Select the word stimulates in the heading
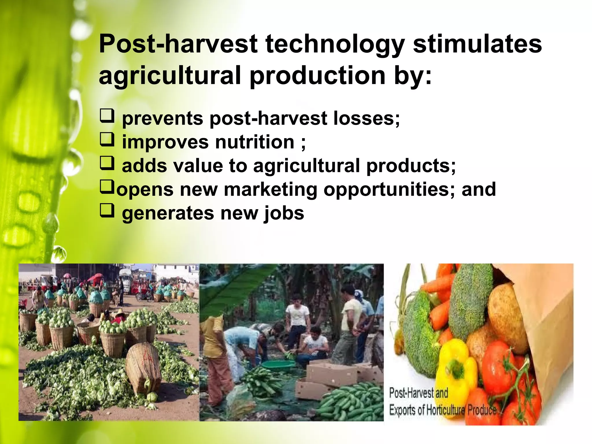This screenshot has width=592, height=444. pyautogui.click(x=477, y=44)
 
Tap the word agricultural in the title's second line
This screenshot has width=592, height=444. pyautogui.click(x=170, y=76)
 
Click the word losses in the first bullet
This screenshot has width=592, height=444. pyautogui.click(x=366, y=119)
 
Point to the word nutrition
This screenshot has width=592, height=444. pyautogui.click(x=255, y=142)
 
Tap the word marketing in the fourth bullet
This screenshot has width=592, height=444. pyautogui.click(x=270, y=190)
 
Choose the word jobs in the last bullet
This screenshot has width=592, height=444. pyautogui.click(x=284, y=213)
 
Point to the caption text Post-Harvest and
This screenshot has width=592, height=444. pyautogui.click(x=418, y=393)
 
